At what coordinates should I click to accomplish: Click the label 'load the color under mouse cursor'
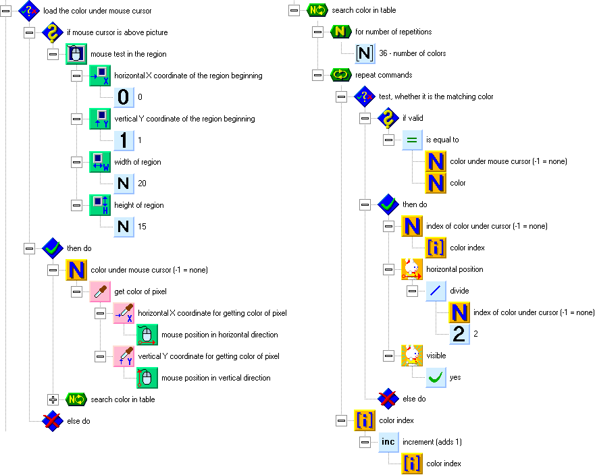97,10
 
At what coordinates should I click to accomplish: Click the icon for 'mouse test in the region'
76,54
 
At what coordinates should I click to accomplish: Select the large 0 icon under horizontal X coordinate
123,97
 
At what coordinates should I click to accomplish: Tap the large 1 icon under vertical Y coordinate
123,140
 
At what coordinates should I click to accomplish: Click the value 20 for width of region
143,184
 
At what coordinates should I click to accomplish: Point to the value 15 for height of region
143,227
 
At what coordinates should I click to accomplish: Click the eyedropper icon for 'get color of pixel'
100,291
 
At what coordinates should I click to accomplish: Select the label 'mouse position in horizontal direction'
219,335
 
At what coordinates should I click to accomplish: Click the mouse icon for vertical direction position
147,378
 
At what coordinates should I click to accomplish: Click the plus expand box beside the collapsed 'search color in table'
53,399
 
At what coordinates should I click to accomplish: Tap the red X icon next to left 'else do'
53,421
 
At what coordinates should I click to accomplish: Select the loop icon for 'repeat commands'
341,75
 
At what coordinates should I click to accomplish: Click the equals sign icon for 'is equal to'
413,140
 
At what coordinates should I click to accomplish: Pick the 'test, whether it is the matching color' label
446,96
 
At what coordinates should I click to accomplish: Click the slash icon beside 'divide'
436,291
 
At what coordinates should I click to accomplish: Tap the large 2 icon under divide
460,333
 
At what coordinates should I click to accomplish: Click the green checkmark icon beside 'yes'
436,377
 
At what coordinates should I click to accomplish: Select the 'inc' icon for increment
388,442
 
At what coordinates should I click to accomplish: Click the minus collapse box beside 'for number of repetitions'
318,32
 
